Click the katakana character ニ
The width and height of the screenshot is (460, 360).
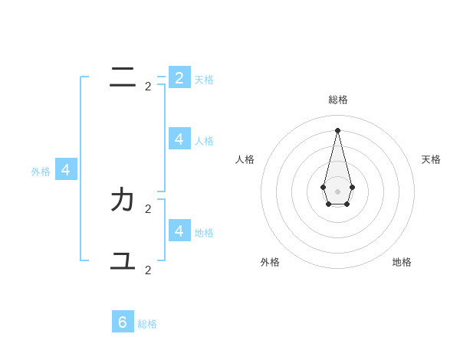[x=123, y=76]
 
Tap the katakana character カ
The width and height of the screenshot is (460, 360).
[x=123, y=200]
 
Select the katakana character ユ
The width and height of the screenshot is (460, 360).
[x=123, y=260]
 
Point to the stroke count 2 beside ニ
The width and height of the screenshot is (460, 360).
[x=148, y=87]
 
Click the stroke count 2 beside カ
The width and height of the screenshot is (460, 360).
[x=148, y=208]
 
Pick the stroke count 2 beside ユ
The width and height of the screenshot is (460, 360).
[x=148, y=270]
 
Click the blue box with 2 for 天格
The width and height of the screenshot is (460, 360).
[x=179, y=77]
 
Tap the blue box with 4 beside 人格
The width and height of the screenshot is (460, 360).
[x=179, y=139]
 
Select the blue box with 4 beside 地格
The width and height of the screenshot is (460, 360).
[x=179, y=230]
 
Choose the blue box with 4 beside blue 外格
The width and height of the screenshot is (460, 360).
[x=66, y=169]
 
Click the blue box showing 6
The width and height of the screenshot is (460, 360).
[x=123, y=322]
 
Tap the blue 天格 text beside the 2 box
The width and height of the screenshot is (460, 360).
[x=204, y=80]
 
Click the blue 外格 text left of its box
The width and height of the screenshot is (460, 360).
[x=41, y=172]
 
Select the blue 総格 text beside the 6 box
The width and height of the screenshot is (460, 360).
[x=147, y=324]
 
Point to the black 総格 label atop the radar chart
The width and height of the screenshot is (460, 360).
[x=338, y=100]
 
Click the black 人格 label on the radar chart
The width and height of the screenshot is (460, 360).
[x=245, y=159]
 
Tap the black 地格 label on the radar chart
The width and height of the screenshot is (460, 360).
[x=402, y=262]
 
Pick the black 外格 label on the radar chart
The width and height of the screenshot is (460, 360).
[x=270, y=262]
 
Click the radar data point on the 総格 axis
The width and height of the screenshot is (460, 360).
[x=337, y=129]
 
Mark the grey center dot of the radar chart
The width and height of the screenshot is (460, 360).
[x=337, y=191]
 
